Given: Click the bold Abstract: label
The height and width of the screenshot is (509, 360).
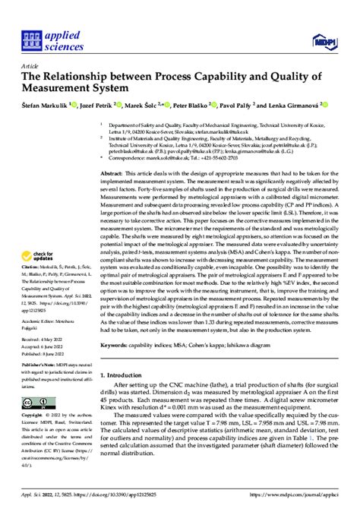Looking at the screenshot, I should [112, 174].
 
